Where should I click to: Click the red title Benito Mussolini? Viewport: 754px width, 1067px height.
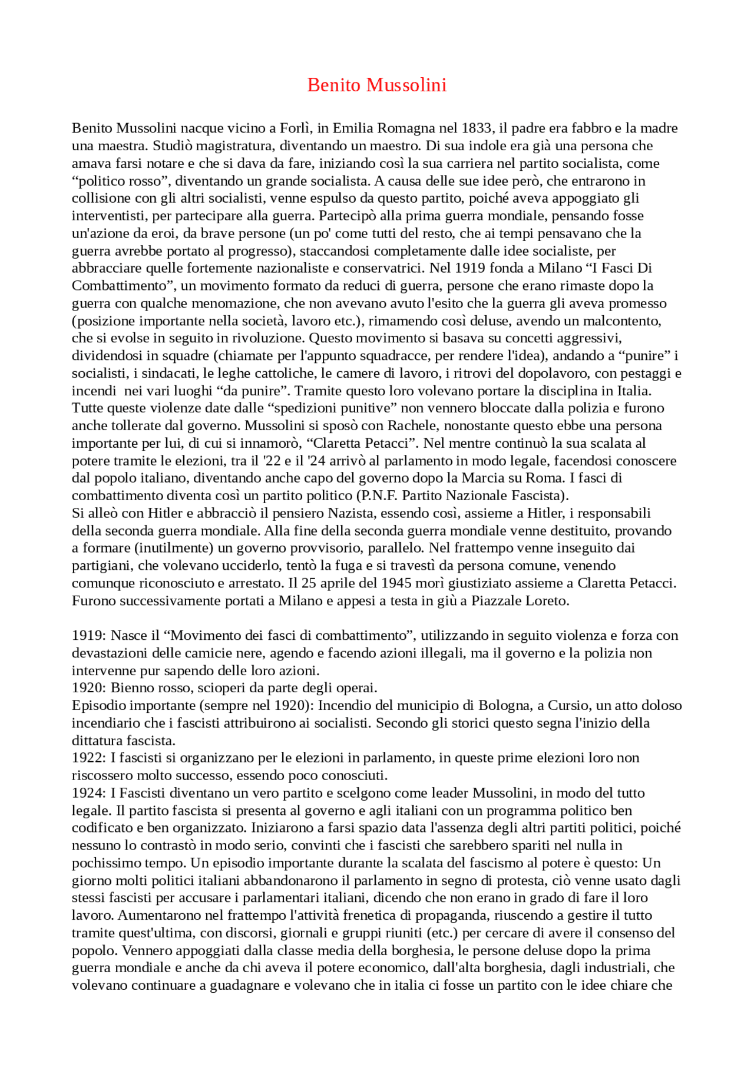pos(376,85)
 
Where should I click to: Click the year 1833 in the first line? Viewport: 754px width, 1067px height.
pos(477,128)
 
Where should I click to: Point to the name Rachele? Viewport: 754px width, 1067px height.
pos(411,426)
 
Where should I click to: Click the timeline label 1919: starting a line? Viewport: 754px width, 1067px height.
pos(89,636)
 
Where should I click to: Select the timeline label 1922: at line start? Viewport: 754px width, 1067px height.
pos(89,758)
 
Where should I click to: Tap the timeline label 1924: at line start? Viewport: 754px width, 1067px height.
pos(89,793)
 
